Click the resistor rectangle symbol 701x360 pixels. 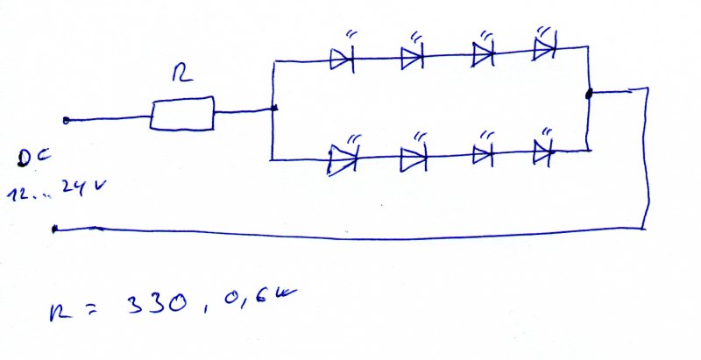click(x=182, y=115)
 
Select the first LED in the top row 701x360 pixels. click(x=341, y=59)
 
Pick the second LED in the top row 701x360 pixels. click(x=412, y=58)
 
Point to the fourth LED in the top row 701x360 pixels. click(x=545, y=49)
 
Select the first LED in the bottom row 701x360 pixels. click(x=343, y=159)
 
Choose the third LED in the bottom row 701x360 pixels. click(x=483, y=155)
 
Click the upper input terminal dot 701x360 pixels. click(x=67, y=120)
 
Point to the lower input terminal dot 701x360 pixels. click(x=55, y=229)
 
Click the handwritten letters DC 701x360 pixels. click(x=35, y=159)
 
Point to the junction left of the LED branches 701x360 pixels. click(x=275, y=109)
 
